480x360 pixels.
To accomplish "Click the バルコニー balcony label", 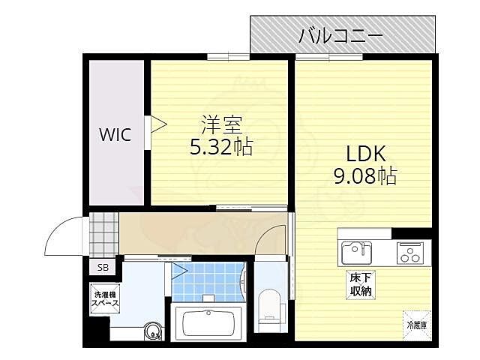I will tap(341, 34).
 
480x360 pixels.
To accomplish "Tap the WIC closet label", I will tap(116, 135).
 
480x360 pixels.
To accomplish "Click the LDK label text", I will tap(364, 154).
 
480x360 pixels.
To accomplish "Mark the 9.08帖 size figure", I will tap(364, 177).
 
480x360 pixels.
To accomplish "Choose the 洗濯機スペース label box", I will tap(105, 298).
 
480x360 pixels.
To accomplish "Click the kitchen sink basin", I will tap(357, 253).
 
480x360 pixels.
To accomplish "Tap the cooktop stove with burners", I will tap(411, 253).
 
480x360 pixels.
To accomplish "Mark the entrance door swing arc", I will tap(61, 234).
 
